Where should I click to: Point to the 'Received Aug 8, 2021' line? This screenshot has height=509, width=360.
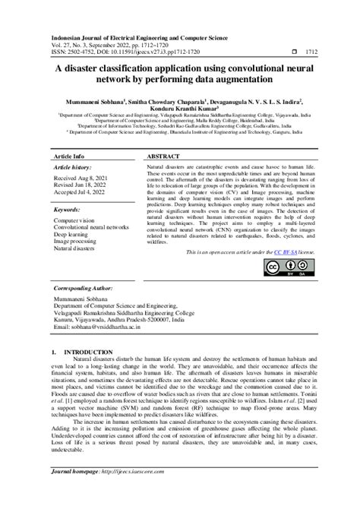pos(84,178)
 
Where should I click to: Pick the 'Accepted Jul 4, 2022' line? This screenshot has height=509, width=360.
pos(84,192)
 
